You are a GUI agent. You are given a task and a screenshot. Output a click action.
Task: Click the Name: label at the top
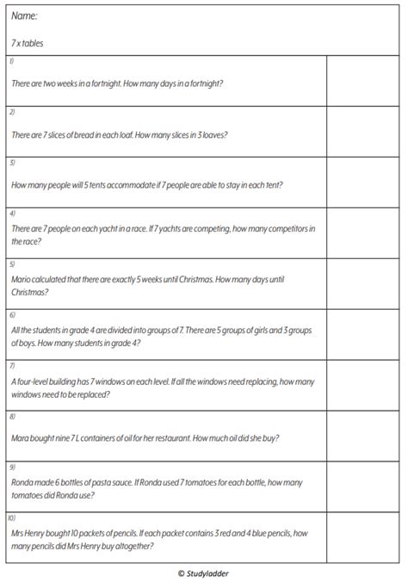click(24, 16)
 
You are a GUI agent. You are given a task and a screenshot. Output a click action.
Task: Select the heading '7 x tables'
click(28, 43)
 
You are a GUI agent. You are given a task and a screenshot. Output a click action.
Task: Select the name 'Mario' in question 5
click(22, 279)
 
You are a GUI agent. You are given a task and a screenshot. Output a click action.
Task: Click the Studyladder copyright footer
click(203, 573)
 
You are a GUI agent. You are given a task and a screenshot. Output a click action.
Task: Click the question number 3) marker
click(12, 162)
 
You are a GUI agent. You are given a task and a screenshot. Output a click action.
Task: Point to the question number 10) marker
click(13, 518)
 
